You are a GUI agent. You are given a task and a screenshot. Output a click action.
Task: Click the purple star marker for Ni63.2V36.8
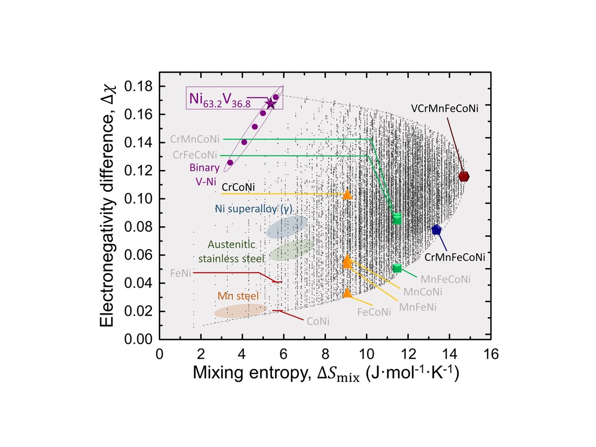pos(271,104)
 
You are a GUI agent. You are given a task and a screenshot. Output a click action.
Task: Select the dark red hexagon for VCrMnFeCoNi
pos(464,176)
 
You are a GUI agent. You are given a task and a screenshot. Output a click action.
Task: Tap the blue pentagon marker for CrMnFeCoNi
pos(436,230)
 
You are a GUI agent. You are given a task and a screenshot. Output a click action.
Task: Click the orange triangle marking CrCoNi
pos(347,194)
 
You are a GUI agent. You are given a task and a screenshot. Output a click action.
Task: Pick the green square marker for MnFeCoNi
pos(397,268)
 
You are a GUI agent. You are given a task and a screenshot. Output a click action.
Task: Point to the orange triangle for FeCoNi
pos(347,293)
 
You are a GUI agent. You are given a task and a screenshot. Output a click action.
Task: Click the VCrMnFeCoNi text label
pos(444,108)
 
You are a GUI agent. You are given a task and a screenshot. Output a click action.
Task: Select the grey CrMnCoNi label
pos(194,139)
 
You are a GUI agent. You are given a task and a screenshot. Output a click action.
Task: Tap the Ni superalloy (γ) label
pos(254,209)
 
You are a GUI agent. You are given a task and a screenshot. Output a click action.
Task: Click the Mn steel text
pos(238,296)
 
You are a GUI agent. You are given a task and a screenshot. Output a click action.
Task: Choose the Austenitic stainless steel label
pos(231,251)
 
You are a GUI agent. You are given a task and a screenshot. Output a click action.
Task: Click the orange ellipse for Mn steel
pos(240,311)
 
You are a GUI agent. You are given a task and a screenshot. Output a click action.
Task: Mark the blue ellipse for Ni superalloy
pos(287,227)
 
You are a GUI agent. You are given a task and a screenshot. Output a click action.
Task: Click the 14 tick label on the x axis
pos(449,354)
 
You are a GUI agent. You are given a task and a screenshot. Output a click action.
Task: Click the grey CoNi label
pos(318,321)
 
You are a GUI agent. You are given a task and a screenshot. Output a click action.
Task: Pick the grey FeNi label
pos(180,273)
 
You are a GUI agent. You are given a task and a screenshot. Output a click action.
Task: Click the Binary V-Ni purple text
pos(204,175)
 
